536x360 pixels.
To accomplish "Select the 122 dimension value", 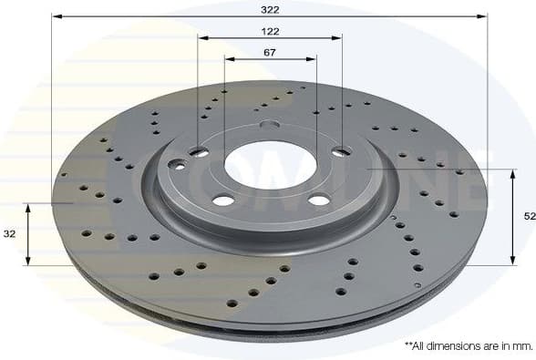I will click(270, 31).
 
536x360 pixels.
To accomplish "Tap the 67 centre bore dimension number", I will click(270, 52).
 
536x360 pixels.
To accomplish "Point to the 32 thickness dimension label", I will click(10, 234).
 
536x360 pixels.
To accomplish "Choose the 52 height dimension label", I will click(529, 216).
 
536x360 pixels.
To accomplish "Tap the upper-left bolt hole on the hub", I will click(199, 151).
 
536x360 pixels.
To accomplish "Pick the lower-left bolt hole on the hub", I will click(222, 201).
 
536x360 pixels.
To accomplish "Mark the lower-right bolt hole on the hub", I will click(318, 200).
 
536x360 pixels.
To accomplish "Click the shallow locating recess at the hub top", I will click(270, 126).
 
